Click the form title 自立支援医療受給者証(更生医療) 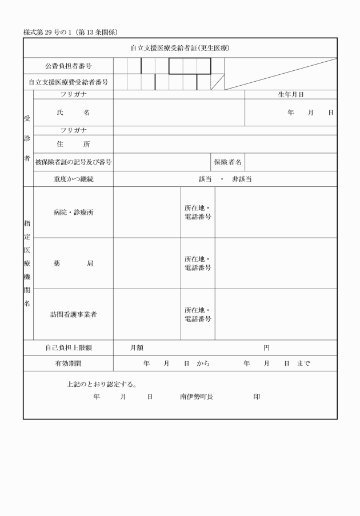pyautogui.click(x=180, y=48)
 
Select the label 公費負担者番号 pyautogui.click(x=69, y=67)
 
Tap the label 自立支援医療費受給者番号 pyautogui.click(x=69, y=82)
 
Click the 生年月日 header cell pyautogui.click(x=291, y=94)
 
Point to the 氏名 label pyautogui.click(x=73, y=113)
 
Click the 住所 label pyautogui.click(x=73, y=144)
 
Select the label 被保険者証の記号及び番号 pyautogui.click(x=73, y=162)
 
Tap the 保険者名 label pyautogui.click(x=228, y=162)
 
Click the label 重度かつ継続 pyautogui.click(x=73, y=179)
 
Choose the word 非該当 pyautogui.click(x=242, y=179)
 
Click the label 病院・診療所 pyautogui.click(x=73, y=212)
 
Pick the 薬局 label pyautogui.click(x=73, y=263)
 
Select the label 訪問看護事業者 pyautogui.click(x=73, y=314)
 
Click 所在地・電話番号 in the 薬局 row pyautogui.click(x=198, y=263)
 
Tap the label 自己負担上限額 pyautogui.click(x=69, y=347)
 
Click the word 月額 pyautogui.click(x=137, y=347)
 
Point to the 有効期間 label pyautogui.click(x=69, y=363)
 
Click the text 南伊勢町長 pyautogui.click(x=196, y=396)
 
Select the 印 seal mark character pyautogui.click(x=257, y=396)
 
